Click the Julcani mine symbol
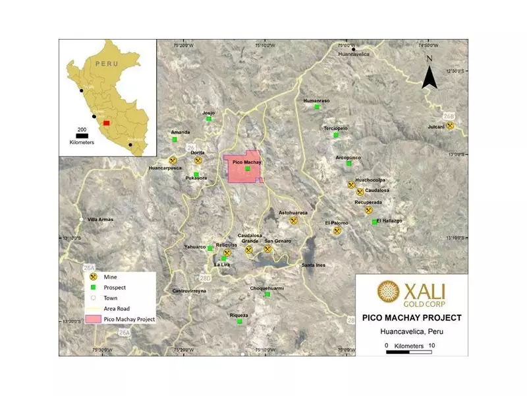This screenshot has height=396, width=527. [451, 125]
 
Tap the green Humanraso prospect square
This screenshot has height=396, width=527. [317, 106]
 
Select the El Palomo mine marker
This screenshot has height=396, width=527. [338, 231]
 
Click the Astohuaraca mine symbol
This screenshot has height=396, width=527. [294, 220]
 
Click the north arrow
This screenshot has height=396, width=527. [430, 74]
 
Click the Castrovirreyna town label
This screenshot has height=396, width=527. [189, 290]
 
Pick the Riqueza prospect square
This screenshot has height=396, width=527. [240, 322]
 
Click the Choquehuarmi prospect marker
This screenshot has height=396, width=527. [267, 294]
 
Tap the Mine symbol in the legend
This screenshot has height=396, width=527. [94, 277]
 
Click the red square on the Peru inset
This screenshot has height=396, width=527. [106, 122]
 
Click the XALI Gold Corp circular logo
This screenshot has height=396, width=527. [387, 291]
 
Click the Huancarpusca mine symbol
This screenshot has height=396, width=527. [173, 160]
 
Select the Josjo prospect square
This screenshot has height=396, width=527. [209, 119]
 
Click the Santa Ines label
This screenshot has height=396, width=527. [313, 265]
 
